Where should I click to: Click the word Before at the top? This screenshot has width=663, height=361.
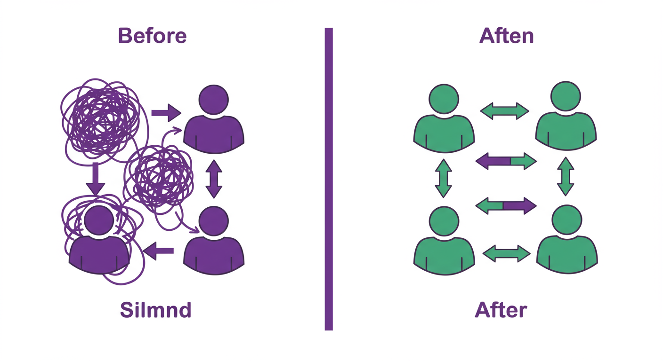coord(152,36)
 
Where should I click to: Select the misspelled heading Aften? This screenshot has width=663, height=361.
coord(506,36)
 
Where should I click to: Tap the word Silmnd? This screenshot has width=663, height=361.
coord(155,310)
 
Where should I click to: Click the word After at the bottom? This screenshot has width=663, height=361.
coord(501,310)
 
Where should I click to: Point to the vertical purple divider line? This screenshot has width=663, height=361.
coord(329,179)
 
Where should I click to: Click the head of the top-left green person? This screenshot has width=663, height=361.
coord(444,97)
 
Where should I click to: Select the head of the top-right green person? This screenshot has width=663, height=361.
coord(566,97)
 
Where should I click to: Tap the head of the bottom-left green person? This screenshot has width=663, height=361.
coord(444,221)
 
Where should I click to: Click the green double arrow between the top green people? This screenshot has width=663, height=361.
coord(505,111)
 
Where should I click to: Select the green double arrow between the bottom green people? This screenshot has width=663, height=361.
coord(507,253)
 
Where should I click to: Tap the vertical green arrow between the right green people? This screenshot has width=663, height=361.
coord(566,176)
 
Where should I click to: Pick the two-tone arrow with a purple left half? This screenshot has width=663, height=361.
coord(506,161)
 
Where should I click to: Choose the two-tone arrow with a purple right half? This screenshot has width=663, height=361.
coord(506,205)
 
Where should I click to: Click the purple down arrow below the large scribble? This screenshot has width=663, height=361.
coord(95,179)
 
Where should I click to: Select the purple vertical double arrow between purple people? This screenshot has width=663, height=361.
coord(214,179)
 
